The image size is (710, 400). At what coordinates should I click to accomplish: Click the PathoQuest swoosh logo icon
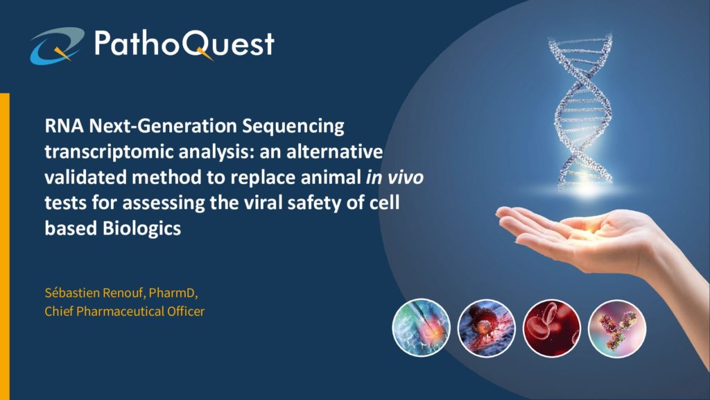(x=57, y=45)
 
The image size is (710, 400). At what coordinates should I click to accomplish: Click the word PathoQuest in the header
(x=184, y=44)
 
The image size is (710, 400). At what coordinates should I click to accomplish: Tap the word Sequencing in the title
(x=293, y=126)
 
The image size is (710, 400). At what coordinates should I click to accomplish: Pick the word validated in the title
(x=85, y=177)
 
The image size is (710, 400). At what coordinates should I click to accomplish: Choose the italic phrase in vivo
(x=395, y=177)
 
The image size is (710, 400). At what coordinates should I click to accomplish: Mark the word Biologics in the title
(x=141, y=228)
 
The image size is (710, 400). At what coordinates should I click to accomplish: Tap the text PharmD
(x=172, y=293)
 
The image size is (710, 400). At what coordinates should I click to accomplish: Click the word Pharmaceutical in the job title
(x=120, y=312)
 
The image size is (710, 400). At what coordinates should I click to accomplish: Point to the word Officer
(x=186, y=312)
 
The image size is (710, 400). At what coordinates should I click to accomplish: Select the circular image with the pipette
(x=421, y=328)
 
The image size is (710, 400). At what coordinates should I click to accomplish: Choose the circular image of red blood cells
(x=551, y=328)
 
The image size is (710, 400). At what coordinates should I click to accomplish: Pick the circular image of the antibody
(x=616, y=328)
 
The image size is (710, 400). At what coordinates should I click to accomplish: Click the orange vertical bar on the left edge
(x=5, y=247)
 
